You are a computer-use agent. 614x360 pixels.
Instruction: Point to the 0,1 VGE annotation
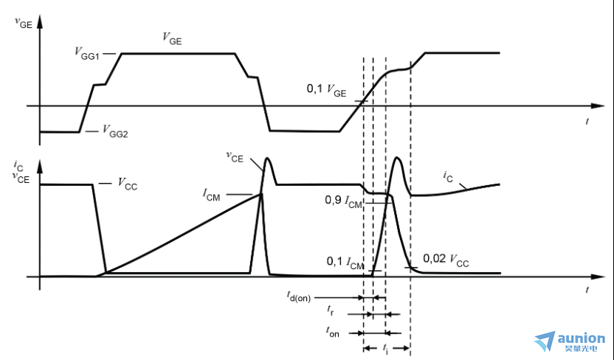click(325, 89)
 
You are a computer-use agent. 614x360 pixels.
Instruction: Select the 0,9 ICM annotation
click(343, 201)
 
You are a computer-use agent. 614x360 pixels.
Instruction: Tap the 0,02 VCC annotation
click(446, 260)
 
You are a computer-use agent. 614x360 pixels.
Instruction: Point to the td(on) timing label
click(299, 297)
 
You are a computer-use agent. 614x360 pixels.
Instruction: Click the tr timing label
click(334, 313)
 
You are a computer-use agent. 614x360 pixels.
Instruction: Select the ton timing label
click(334, 333)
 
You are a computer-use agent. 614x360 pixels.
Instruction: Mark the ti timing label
click(385, 347)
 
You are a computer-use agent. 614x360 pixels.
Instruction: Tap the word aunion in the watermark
click(581, 337)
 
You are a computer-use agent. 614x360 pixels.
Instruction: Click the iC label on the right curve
click(448, 176)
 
